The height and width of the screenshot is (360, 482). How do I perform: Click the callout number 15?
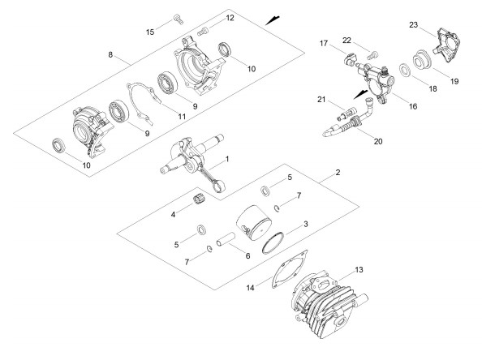point(150,32)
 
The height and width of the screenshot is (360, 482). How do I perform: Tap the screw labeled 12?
point(203,31)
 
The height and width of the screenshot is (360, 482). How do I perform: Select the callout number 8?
point(110,54)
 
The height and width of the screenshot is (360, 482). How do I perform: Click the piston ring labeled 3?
point(273,242)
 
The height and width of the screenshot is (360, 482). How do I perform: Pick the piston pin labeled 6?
point(226,240)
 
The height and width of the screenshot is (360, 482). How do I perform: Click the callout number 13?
point(359,270)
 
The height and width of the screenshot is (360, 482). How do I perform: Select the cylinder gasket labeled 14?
point(289,269)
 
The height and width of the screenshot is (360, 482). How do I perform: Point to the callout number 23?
point(414,24)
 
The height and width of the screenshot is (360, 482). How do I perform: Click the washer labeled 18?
point(404,70)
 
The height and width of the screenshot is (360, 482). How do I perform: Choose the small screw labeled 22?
point(372,56)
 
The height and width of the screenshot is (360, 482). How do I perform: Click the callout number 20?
point(378,141)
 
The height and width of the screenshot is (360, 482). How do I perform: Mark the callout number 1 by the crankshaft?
point(227,159)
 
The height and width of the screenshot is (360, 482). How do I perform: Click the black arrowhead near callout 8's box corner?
point(273,20)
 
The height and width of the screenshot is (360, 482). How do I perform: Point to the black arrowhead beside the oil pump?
point(361,95)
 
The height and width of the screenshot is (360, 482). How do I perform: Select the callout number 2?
point(338,173)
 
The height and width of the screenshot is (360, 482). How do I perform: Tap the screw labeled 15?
point(179,19)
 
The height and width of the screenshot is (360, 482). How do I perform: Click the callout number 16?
point(413,106)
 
